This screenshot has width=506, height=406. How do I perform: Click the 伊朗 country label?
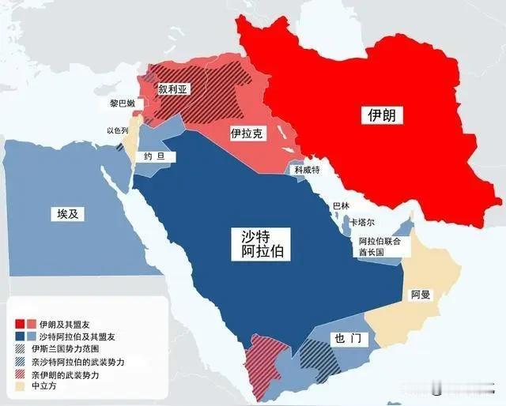[381, 115]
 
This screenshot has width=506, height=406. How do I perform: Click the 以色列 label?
[117, 130]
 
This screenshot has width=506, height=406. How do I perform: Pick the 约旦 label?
[155, 156]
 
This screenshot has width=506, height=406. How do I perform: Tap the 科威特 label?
[307, 170]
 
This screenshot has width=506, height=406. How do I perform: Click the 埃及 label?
[70, 214]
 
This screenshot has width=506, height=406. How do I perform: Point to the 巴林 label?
[340, 206]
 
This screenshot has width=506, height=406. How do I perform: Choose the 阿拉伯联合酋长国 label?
[380, 246]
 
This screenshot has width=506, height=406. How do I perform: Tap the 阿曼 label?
[420, 295]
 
